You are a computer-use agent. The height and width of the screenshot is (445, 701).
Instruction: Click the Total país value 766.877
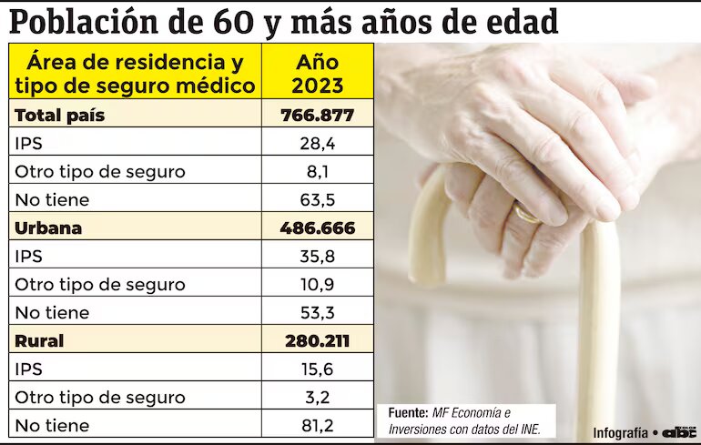(317, 116)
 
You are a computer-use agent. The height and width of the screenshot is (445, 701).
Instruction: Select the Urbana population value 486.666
(317, 228)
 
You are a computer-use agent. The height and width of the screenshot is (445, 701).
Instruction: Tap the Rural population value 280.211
(317, 341)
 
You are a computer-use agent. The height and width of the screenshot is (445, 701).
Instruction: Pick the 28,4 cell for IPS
(317, 143)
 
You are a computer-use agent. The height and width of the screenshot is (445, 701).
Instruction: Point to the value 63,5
(317, 199)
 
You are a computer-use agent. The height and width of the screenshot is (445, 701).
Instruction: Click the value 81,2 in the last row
(317, 425)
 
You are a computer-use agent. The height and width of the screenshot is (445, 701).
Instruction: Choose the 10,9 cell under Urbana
(317, 284)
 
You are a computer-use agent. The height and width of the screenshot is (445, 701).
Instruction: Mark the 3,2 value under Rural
(317, 397)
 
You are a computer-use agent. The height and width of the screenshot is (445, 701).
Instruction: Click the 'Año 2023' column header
(317, 75)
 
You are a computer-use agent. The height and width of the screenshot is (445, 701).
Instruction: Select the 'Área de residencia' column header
(136, 75)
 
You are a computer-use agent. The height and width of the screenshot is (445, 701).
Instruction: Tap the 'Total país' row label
(60, 116)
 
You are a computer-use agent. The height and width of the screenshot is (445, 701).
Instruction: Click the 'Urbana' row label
(48, 228)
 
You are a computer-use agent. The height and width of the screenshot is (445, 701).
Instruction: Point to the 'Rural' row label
(39, 341)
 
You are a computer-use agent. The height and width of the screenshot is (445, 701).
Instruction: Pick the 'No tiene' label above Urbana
(52, 199)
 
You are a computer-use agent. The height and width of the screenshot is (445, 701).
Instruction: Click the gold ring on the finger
(525, 215)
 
